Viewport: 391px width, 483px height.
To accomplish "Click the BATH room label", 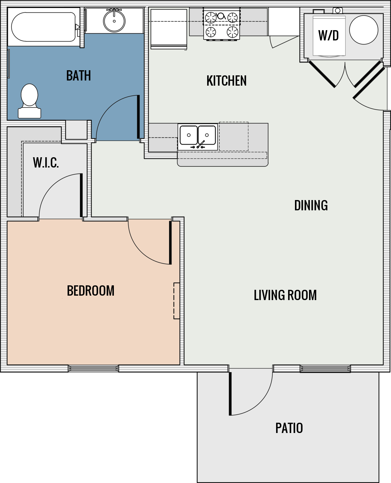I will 79,76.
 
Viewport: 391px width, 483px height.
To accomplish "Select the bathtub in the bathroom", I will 43,27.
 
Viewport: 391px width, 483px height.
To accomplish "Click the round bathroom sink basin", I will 114,21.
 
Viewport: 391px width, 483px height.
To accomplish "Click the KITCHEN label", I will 226,81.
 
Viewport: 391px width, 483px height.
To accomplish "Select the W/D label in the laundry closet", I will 328,35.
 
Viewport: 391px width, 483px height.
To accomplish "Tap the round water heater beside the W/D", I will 364,30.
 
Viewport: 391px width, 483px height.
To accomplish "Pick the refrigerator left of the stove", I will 169,28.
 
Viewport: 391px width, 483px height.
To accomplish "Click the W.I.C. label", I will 46,163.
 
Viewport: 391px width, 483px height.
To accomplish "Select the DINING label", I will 311,206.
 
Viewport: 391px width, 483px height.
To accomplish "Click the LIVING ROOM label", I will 285,295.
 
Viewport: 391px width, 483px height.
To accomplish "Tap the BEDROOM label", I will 91,291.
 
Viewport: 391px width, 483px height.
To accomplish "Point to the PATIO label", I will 289,428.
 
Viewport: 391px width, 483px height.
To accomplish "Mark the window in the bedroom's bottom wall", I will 93,369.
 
